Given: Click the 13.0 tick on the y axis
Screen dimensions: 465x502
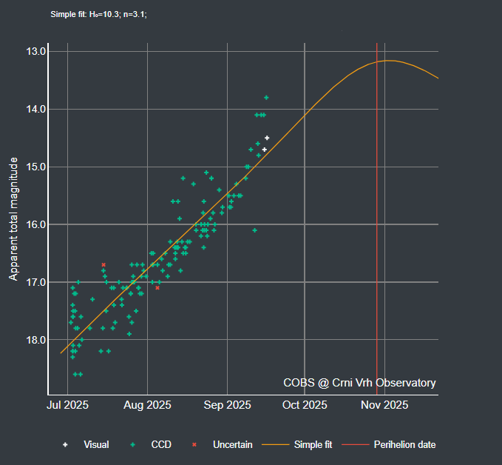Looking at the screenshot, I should [x=35, y=52].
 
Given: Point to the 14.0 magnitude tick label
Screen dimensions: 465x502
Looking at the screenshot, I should [x=35, y=109].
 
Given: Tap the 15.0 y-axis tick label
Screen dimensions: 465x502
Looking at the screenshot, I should [x=35, y=167].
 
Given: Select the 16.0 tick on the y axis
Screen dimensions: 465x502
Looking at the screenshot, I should [x=35, y=224].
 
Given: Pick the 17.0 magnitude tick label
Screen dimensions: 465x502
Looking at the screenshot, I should [x=35, y=282].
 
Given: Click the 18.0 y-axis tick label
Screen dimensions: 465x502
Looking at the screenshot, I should [x=35, y=340].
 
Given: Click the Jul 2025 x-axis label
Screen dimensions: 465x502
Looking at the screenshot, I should [x=68, y=405].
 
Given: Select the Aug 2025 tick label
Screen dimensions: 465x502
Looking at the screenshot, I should [x=147, y=405].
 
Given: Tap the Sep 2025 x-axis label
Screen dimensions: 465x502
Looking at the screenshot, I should [x=226, y=405].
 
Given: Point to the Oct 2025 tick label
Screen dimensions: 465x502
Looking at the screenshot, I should [x=305, y=405].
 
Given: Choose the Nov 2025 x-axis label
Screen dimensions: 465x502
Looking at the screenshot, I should [x=384, y=405].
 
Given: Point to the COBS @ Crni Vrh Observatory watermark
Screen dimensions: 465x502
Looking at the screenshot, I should [x=359, y=383].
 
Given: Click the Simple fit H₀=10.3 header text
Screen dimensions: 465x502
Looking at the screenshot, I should [x=98, y=14].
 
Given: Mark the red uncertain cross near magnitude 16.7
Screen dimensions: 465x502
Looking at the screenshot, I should [x=104, y=264].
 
